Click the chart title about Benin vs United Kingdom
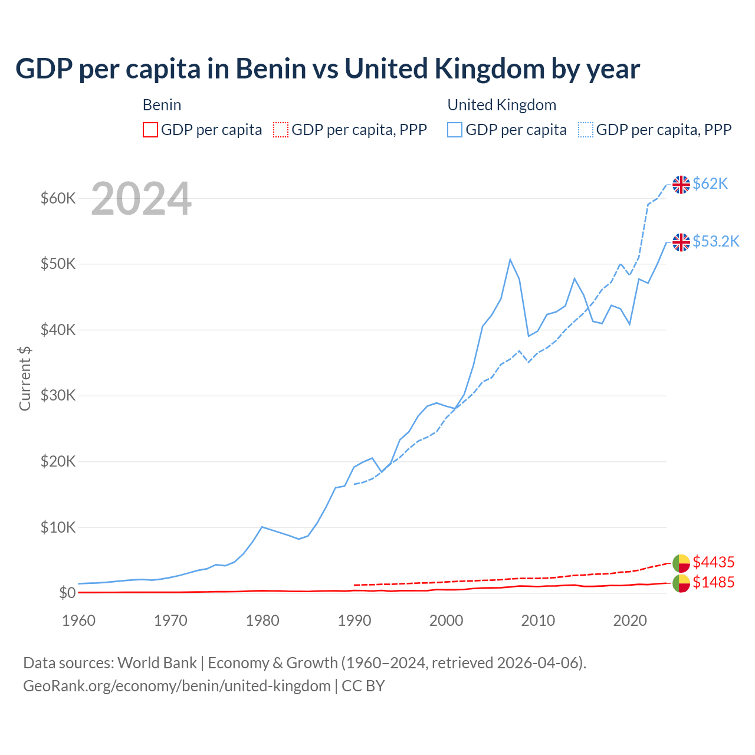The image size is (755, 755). (327, 69)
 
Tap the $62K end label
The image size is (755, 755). (710, 184)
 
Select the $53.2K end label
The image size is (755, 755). (715, 241)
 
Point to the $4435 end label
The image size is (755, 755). (713, 562)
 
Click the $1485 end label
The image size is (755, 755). (713, 583)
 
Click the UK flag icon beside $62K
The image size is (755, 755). (681, 185)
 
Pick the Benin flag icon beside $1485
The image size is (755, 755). (681, 583)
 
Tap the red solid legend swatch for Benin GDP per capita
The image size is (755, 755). (150, 130)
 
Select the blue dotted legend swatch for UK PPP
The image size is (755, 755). (586, 130)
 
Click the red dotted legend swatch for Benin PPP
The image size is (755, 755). (281, 130)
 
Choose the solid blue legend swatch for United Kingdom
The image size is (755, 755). (455, 130)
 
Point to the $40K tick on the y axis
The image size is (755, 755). (58, 330)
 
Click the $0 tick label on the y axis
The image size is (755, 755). (67, 593)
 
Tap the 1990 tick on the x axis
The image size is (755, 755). (354, 621)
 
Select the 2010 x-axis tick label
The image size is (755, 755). (538, 621)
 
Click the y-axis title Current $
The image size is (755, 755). (25, 378)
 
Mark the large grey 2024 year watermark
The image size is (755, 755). (141, 199)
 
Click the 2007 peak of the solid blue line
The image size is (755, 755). (510, 260)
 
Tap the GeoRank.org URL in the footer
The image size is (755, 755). (177, 686)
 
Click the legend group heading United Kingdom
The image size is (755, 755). (502, 105)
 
